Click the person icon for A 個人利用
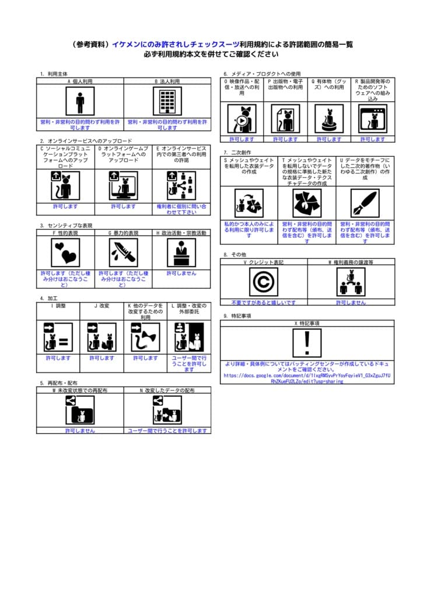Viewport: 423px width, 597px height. [80, 101]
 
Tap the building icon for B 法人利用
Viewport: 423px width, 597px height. [167, 101]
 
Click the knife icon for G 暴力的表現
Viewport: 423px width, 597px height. [123, 252]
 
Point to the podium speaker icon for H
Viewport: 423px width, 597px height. [181, 252]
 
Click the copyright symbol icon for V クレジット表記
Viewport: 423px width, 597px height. [264, 282]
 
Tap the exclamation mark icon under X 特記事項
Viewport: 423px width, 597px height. [307, 343]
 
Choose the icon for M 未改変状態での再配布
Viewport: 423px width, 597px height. [80, 409]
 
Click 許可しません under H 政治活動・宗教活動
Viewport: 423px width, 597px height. [181, 273]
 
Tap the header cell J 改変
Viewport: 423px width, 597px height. [102, 305]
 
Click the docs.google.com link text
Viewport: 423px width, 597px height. [307, 378]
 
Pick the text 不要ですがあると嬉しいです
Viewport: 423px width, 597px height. [264, 303]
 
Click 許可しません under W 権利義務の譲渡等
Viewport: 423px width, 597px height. [351, 303]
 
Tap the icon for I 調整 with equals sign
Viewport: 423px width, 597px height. [58, 338]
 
